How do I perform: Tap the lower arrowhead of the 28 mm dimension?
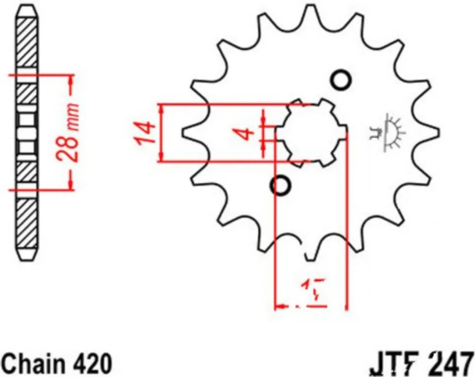pyautogui.click(x=71, y=185)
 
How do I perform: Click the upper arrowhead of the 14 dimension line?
pyautogui.click(x=163, y=109)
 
